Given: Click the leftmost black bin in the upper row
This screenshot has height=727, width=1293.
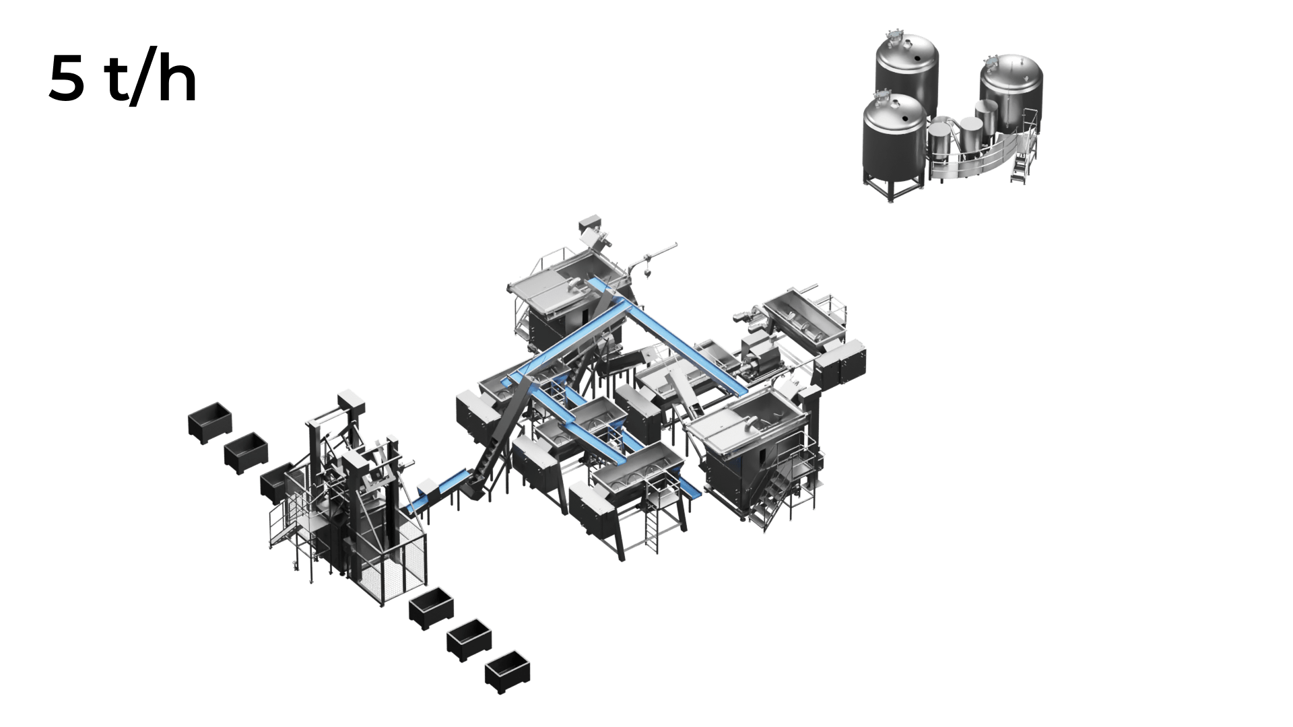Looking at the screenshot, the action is point(209,422).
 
